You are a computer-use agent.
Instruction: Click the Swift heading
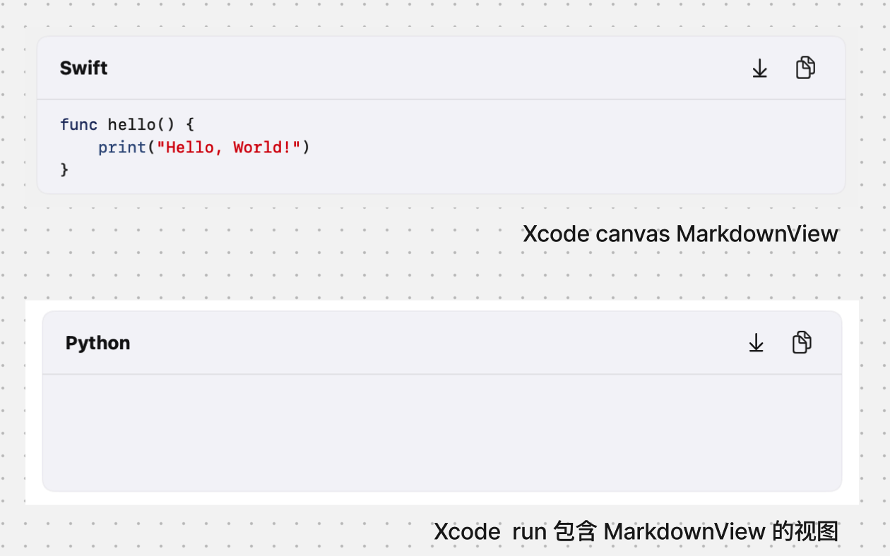(x=83, y=68)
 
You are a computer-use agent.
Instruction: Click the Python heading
(x=97, y=343)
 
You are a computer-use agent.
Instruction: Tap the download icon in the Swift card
(x=759, y=68)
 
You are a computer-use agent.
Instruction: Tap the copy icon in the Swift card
(x=805, y=68)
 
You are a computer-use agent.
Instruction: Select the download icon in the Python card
(x=756, y=343)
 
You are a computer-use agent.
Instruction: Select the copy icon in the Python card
(x=802, y=342)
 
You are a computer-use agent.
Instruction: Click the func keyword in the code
(x=78, y=125)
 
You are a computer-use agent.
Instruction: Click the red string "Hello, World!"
(x=229, y=147)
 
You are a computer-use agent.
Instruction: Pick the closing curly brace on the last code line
(x=64, y=169)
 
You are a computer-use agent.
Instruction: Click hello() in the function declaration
(x=141, y=125)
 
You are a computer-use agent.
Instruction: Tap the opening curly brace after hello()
(x=189, y=125)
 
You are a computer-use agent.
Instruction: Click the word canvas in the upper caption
(x=632, y=234)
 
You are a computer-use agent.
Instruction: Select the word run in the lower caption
(x=529, y=531)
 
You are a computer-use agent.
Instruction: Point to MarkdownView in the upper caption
(x=757, y=234)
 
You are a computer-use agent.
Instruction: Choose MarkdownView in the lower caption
(x=684, y=531)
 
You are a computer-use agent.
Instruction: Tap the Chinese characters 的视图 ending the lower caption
(x=805, y=531)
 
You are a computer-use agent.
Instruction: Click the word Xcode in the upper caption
(x=556, y=234)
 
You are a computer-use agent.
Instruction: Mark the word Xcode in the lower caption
(x=467, y=531)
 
